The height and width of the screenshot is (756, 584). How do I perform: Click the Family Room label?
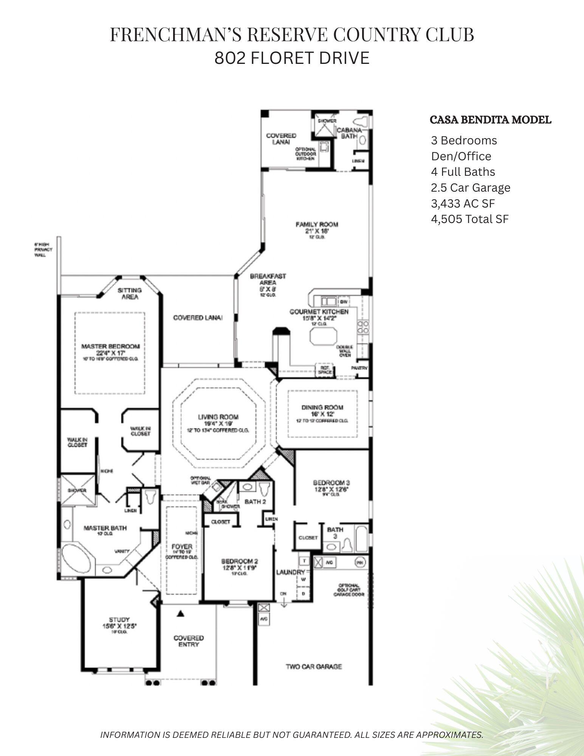[x=316, y=225]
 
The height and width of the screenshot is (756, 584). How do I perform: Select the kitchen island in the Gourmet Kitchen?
[x=324, y=336]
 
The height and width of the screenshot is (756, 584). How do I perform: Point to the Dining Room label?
[x=322, y=407]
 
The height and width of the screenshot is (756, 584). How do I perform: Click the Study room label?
[x=119, y=620]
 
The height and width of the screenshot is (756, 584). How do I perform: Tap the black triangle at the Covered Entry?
[x=181, y=613]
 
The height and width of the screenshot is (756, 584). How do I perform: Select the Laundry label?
[x=290, y=573]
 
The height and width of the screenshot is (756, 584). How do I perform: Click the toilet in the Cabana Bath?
[x=361, y=122]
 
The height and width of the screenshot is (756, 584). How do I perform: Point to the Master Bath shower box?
[x=78, y=490]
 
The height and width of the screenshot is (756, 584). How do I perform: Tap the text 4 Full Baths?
[x=463, y=172]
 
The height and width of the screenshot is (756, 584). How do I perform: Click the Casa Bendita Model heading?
[x=490, y=120]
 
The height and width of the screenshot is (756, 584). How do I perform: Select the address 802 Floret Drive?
[x=291, y=58]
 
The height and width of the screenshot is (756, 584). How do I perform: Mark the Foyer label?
[x=182, y=547]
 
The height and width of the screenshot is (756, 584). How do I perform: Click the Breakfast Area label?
[x=268, y=279]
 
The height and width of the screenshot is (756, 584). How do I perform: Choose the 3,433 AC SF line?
[x=463, y=203]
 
